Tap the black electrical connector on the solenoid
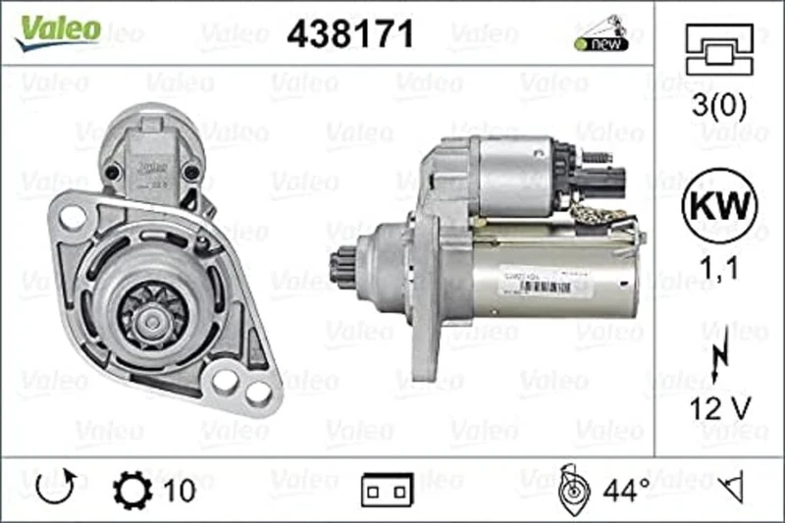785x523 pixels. tap(595, 179)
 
